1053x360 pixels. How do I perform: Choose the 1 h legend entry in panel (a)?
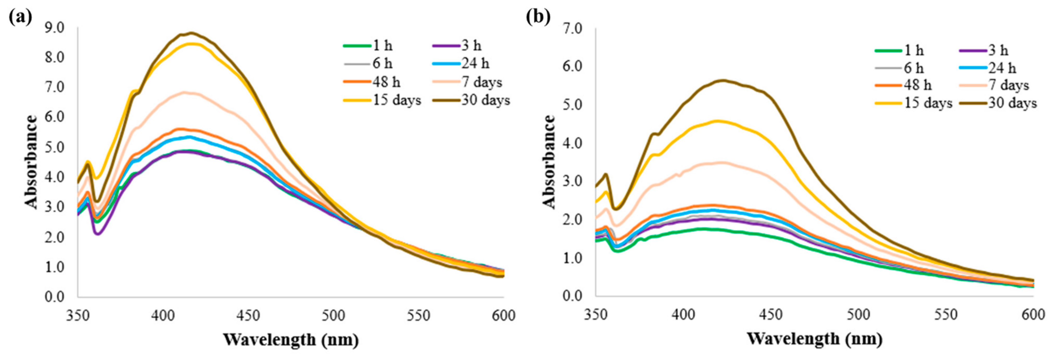click(368, 46)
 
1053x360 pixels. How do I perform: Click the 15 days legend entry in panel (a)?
click(382, 100)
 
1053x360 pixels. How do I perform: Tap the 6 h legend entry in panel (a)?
click(368, 64)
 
